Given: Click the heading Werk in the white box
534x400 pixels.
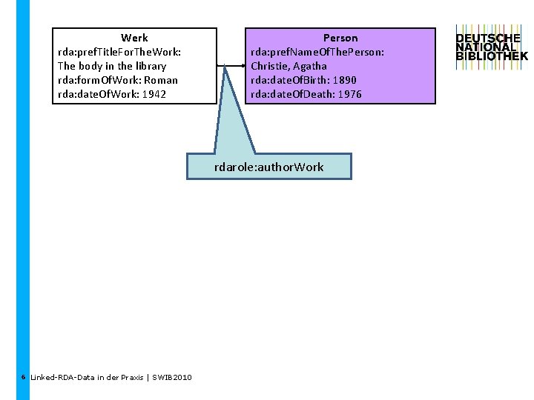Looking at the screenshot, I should click(x=134, y=38).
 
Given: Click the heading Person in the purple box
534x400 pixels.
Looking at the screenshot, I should click(x=340, y=38).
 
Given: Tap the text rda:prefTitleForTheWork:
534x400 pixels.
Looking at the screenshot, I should click(x=119, y=52).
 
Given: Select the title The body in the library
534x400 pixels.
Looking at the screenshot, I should click(x=112, y=66).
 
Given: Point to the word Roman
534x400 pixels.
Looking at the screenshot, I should click(x=161, y=80).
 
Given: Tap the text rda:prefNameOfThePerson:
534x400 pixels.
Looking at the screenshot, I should click(x=317, y=52).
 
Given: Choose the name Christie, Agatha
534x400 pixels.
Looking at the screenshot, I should click(x=289, y=66).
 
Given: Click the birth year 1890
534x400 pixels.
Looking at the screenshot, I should click(x=344, y=80).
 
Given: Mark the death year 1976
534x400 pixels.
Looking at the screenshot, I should click(x=348, y=94).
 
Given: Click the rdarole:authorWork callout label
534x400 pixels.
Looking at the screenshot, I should click(x=269, y=167).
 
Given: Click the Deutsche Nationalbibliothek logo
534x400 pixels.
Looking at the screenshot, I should click(x=492, y=48).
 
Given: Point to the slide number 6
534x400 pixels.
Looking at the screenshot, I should click(x=24, y=377).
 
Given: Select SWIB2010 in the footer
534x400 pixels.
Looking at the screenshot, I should click(x=172, y=378).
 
